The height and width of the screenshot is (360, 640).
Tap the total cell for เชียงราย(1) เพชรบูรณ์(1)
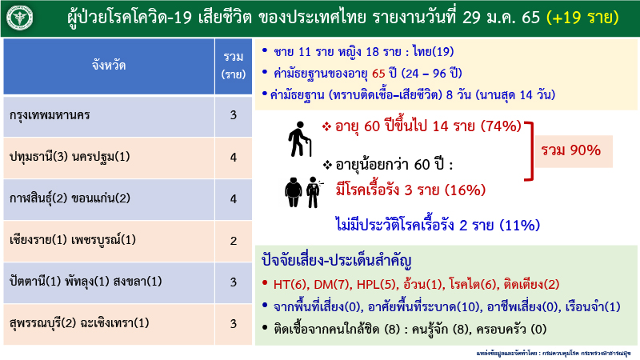point(234,240)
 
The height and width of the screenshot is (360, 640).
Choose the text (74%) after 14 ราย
point(500,126)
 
